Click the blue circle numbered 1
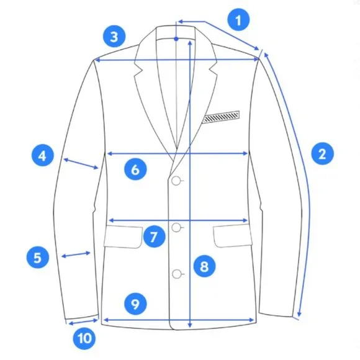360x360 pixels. click(x=238, y=19)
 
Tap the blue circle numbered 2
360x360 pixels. click(x=322, y=153)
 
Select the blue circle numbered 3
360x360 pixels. click(x=114, y=37)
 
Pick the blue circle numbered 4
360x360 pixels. click(x=42, y=155)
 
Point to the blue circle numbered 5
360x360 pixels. click(x=38, y=257)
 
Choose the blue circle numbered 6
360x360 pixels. click(x=135, y=169)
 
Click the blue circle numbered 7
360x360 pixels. click(x=155, y=236)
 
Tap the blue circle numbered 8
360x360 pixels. click(x=204, y=266)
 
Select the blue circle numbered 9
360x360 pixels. click(x=135, y=304)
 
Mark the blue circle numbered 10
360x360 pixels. click(x=84, y=338)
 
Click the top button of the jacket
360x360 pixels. click(x=176, y=181)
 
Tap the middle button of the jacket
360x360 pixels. click(x=176, y=227)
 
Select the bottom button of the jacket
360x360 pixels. click(x=176, y=274)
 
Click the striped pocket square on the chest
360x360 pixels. click(x=221, y=117)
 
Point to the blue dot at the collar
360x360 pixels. click(x=176, y=39)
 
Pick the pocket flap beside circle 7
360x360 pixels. click(x=124, y=236)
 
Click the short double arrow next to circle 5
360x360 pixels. click(x=76, y=254)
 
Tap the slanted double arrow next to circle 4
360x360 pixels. click(x=81, y=164)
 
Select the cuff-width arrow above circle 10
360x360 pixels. click(x=83, y=322)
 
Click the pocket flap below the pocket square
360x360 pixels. click(x=233, y=236)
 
